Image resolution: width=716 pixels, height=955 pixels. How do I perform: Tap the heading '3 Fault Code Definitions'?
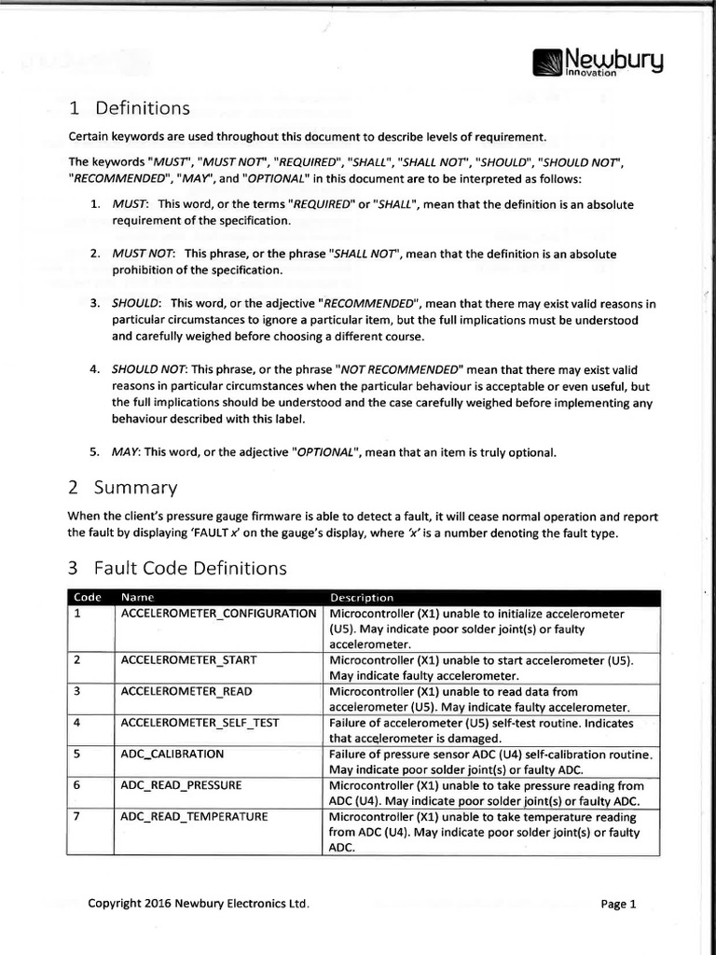(x=177, y=567)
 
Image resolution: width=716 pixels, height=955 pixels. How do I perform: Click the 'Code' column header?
(x=87, y=597)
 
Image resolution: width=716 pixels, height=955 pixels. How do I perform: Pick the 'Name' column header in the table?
(x=137, y=597)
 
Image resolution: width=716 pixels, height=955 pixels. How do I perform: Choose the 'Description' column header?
(x=362, y=597)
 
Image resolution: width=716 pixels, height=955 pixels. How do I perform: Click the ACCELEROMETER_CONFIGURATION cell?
(x=219, y=614)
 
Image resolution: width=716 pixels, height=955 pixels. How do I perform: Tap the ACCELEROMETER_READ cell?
(x=186, y=691)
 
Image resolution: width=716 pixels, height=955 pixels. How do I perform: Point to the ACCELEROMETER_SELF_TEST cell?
(x=200, y=722)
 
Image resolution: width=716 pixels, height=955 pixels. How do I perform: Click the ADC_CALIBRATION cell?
(x=172, y=753)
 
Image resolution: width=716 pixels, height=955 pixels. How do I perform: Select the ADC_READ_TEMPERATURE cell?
(x=194, y=816)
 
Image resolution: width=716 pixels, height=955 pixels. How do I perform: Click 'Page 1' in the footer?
(x=618, y=904)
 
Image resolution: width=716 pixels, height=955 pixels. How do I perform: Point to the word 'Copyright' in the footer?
(x=115, y=903)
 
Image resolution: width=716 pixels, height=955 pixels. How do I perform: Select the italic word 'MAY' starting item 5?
(x=125, y=452)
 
